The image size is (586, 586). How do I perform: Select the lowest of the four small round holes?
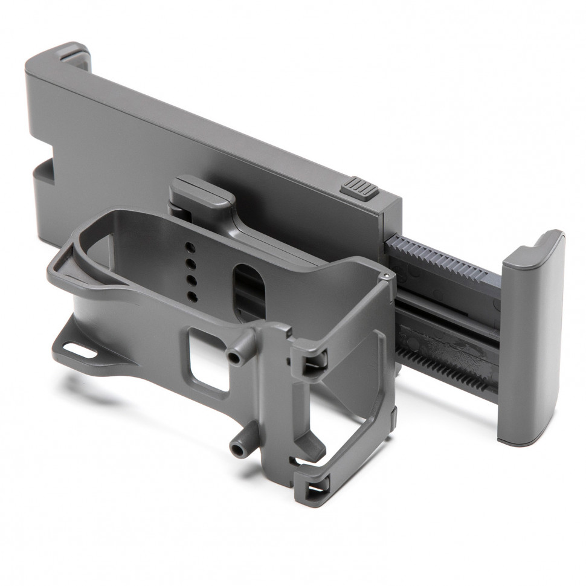(x=193, y=296)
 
